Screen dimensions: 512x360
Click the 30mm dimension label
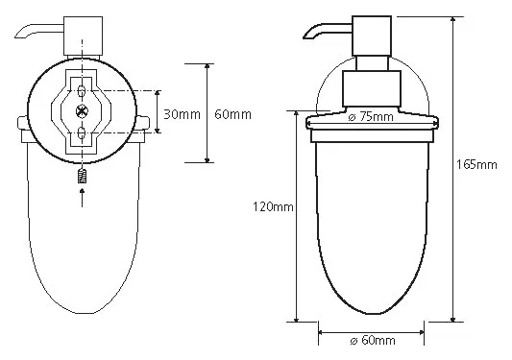click(182, 114)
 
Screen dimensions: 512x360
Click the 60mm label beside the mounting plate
click(232, 114)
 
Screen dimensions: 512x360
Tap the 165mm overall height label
click(476, 164)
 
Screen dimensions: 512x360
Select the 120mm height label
click(273, 206)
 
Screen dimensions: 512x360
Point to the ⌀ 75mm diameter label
click(371, 116)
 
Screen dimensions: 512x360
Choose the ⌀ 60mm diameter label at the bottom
click(373, 341)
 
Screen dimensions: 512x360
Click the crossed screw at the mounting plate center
click(82, 111)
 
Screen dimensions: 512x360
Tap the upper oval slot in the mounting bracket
click(82, 90)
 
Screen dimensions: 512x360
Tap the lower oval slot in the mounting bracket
click(82, 133)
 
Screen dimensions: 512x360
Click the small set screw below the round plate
click(82, 177)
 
